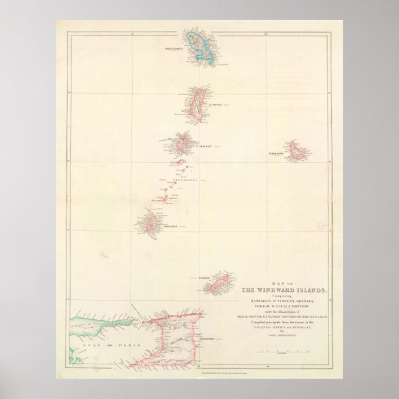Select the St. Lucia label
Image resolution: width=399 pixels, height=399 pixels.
214,105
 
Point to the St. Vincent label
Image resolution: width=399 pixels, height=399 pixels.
205,146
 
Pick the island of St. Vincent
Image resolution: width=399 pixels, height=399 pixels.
183,145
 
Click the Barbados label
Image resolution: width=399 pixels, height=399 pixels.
276,152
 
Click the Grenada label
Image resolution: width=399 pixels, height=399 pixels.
170,227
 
